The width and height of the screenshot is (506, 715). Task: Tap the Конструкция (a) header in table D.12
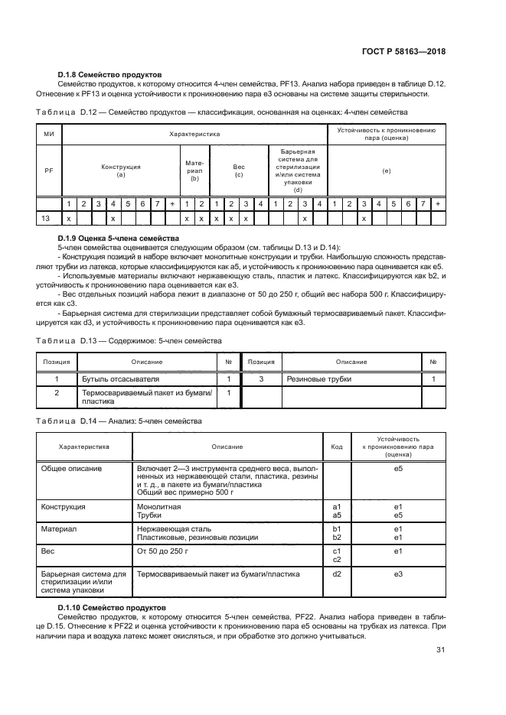coord(121,170)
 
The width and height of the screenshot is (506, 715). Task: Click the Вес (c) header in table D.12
coord(238,170)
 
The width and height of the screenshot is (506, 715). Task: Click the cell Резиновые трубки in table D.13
coord(312,379)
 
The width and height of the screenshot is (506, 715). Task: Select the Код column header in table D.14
coord(336,447)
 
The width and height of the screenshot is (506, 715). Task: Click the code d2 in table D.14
coord(336,574)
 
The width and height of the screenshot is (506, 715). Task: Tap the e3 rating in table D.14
coord(398,574)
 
